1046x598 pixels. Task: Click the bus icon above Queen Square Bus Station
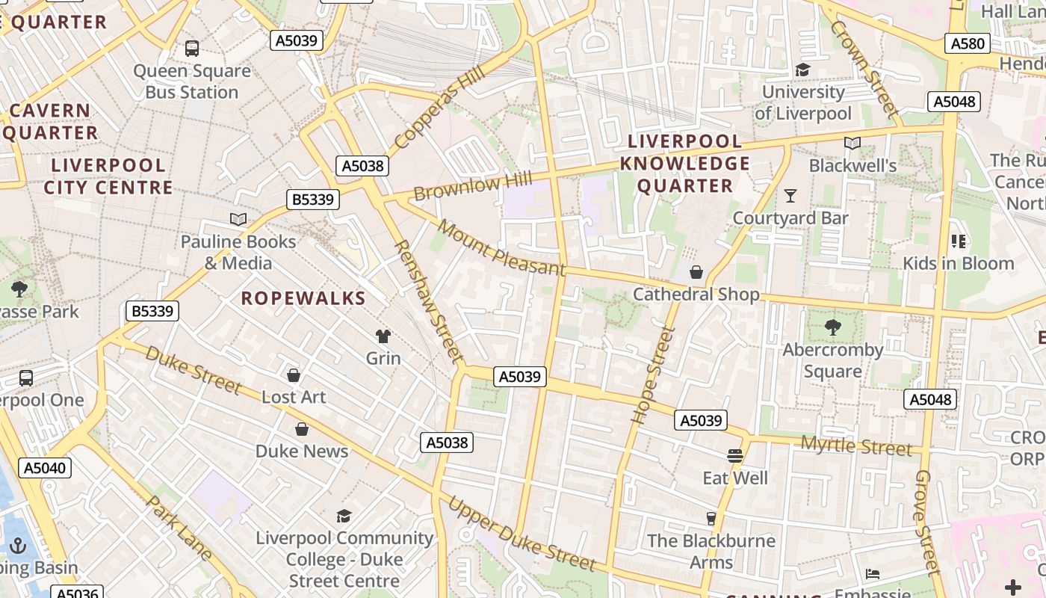click(x=192, y=49)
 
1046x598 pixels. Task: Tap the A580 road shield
click(x=968, y=43)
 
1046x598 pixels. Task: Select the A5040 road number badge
click(x=45, y=468)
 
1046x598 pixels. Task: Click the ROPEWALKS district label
click(x=303, y=298)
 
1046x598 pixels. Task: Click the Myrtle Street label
click(x=856, y=446)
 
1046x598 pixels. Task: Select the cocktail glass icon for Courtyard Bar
click(x=790, y=196)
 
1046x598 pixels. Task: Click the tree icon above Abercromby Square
click(x=832, y=327)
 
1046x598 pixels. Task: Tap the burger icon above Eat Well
click(x=735, y=456)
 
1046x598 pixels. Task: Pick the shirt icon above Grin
click(x=383, y=336)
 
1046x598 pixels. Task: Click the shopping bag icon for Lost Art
click(x=294, y=374)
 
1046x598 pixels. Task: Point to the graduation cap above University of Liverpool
click(x=802, y=70)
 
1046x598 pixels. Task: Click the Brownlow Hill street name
click(x=472, y=185)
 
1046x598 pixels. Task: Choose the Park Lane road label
click(x=180, y=528)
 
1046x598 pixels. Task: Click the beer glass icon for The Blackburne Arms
click(x=711, y=518)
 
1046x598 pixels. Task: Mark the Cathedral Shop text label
click(x=696, y=295)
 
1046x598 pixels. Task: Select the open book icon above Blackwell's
click(x=852, y=143)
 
